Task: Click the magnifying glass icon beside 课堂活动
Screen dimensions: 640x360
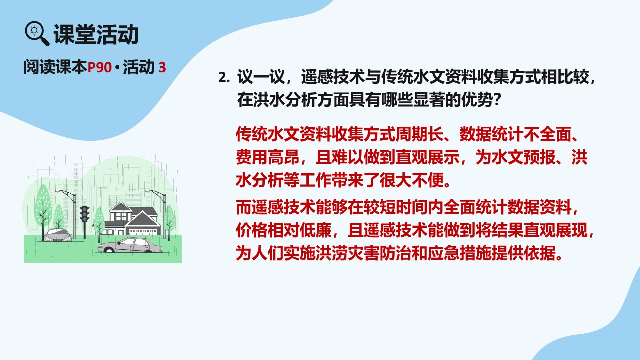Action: (x=37, y=33)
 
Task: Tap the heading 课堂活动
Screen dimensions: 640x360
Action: (x=96, y=34)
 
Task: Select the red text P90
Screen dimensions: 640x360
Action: (x=99, y=67)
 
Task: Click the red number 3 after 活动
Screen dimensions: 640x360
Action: (x=162, y=67)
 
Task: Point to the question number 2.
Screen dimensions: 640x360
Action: (x=224, y=77)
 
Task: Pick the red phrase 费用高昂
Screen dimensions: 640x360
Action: (x=267, y=157)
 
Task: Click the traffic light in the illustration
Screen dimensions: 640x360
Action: (x=84, y=214)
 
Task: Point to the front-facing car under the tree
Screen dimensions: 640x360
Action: (x=58, y=235)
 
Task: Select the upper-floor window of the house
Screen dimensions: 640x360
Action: (x=120, y=216)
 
